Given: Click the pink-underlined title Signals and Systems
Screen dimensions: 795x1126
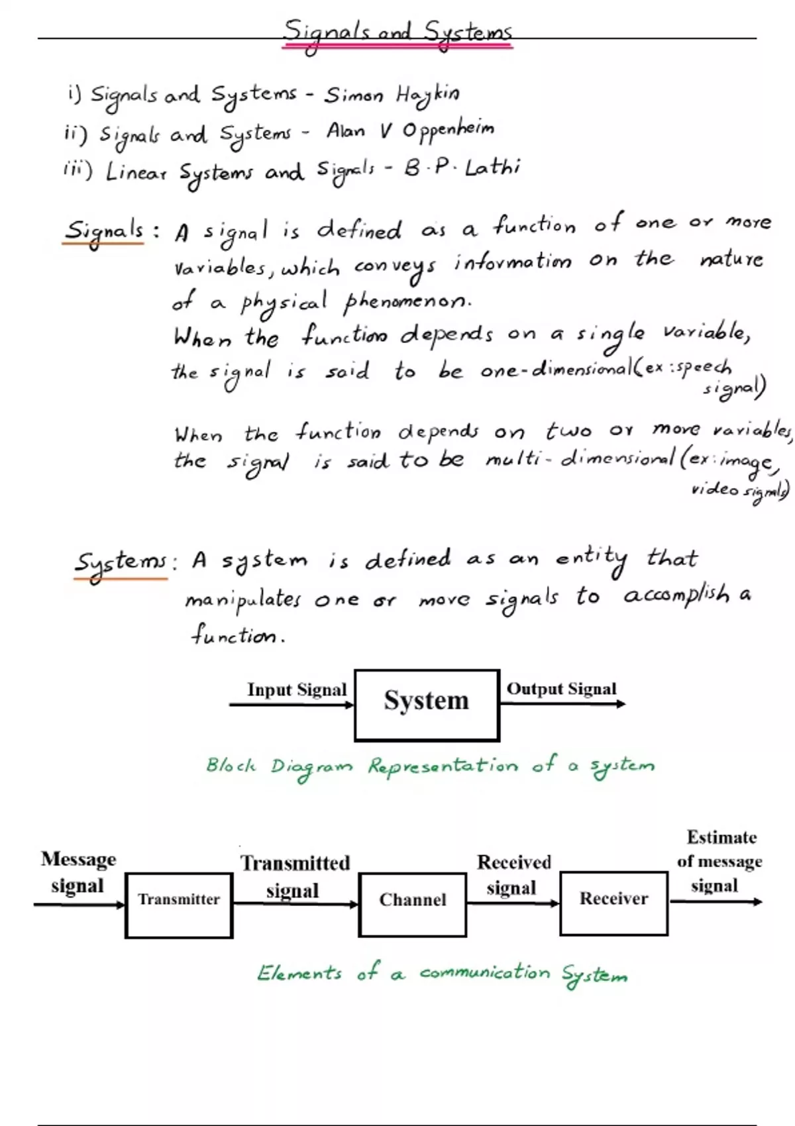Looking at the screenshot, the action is (x=397, y=34).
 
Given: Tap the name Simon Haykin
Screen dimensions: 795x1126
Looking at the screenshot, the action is (x=392, y=95).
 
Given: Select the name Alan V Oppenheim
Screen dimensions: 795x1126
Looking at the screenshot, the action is (x=410, y=130).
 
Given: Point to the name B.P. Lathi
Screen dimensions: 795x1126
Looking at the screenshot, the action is (x=462, y=168).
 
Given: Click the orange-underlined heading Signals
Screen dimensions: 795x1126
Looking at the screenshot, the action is (x=103, y=232).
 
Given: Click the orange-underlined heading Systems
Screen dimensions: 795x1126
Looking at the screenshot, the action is (x=120, y=566).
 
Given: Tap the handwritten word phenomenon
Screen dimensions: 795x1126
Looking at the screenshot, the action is (x=408, y=303).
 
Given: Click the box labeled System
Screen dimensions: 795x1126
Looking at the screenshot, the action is (x=427, y=705).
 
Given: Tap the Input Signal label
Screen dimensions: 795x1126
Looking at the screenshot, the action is (x=297, y=689).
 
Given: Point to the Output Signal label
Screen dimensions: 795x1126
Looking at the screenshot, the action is (x=561, y=688).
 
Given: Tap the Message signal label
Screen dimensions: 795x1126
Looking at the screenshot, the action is (x=78, y=873).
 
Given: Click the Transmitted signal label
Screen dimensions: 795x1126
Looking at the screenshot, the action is (x=295, y=877).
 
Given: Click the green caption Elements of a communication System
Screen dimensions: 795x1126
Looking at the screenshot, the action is (x=442, y=974).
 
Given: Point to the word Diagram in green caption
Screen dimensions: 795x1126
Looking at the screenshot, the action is (x=312, y=767).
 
